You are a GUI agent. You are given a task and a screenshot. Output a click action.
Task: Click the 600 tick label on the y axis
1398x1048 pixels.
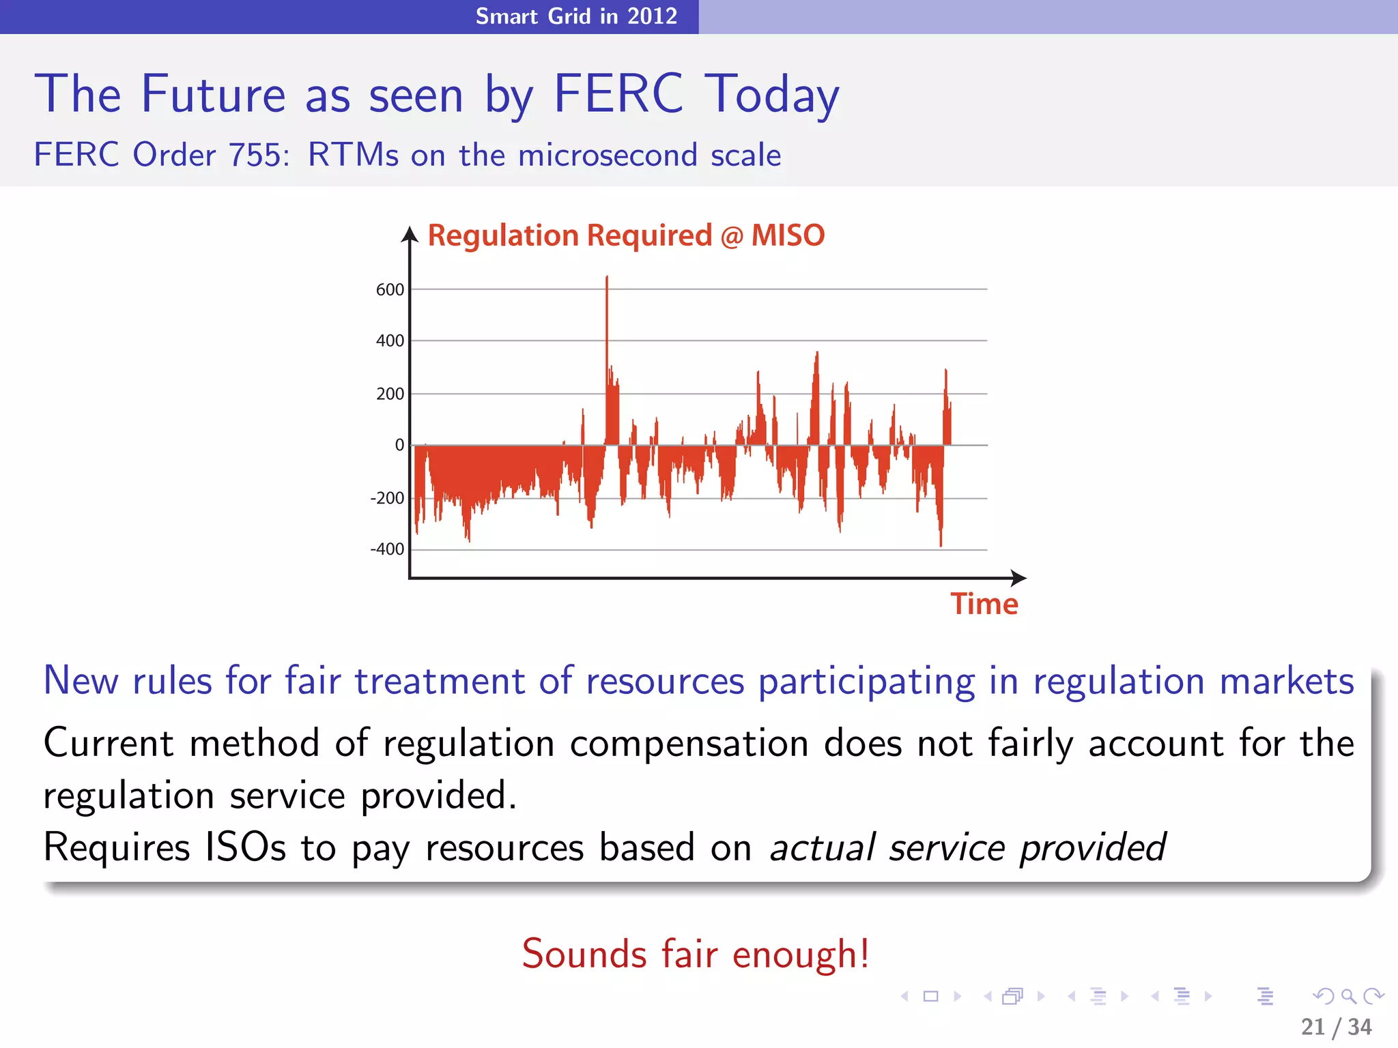pos(390,290)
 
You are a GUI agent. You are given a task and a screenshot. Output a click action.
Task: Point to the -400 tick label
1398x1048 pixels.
pos(387,549)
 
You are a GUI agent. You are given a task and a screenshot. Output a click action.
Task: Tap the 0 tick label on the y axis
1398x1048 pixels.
pos(399,446)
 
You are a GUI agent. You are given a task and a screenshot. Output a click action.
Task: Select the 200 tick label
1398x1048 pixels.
pos(390,394)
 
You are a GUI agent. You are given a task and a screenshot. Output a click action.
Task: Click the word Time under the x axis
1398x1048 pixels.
pos(984,605)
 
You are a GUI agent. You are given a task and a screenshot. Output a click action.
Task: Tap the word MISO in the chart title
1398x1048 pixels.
pos(788,235)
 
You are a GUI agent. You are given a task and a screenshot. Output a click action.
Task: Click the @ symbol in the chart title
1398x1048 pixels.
pos(732,237)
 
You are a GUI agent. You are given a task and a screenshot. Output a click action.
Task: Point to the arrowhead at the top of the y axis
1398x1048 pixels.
pos(410,235)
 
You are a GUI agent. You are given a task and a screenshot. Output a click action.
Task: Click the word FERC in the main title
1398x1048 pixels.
pos(618,94)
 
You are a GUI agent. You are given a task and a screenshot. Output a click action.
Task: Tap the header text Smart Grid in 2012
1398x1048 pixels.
pos(576,16)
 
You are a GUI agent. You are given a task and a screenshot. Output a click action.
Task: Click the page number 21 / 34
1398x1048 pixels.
pos(1336,1027)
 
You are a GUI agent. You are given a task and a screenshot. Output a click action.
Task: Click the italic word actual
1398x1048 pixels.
pos(822,848)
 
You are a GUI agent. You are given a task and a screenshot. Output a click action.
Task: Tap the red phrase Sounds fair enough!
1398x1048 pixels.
pos(696,954)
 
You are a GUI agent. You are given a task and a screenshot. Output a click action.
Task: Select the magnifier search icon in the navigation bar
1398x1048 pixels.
pos(1348,996)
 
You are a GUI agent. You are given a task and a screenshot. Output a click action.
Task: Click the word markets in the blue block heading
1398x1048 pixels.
pos(1286,682)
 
